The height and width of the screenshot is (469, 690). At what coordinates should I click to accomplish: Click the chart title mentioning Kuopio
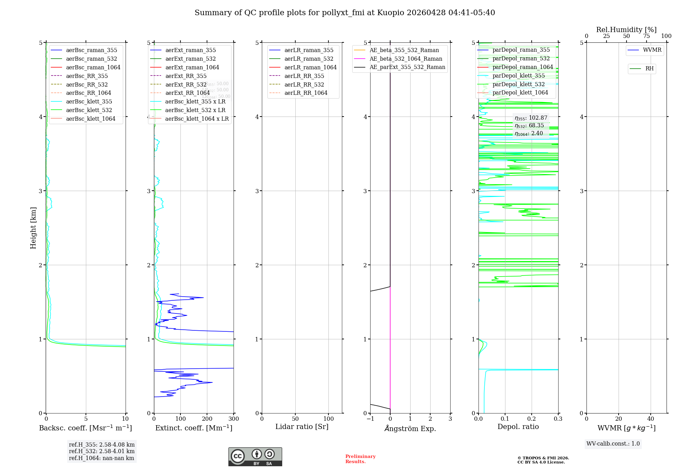pyautogui.click(x=345, y=13)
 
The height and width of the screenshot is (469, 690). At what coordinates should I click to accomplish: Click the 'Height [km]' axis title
pyautogui.click(x=33, y=228)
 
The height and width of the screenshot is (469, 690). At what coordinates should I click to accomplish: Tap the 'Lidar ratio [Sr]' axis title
pyautogui.click(x=302, y=427)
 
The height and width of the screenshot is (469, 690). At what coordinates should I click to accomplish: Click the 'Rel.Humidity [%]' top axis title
pyautogui.click(x=626, y=30)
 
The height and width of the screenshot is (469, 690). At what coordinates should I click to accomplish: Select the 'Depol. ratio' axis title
pyautogui.click(x=518, y=427)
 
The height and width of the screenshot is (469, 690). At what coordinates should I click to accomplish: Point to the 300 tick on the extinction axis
pyautogui.click(x=234, y=419)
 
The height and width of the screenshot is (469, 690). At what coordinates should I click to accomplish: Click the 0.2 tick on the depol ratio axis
pyautogui.click(x=532, y=419)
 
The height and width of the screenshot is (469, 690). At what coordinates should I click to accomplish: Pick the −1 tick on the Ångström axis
pyautogui.click(x=370, y=419)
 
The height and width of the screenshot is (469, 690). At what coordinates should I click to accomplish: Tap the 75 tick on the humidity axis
pyautogui.click(x=646, y=36)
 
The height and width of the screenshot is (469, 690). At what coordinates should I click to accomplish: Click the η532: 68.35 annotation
pyautogui.click(x=529, y=126)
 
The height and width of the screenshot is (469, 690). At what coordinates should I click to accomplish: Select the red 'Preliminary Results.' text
pyautogui.click(x=360, y=459)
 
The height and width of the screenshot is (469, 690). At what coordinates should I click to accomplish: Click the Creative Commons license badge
pyautogui.click(x=255, y=457)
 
